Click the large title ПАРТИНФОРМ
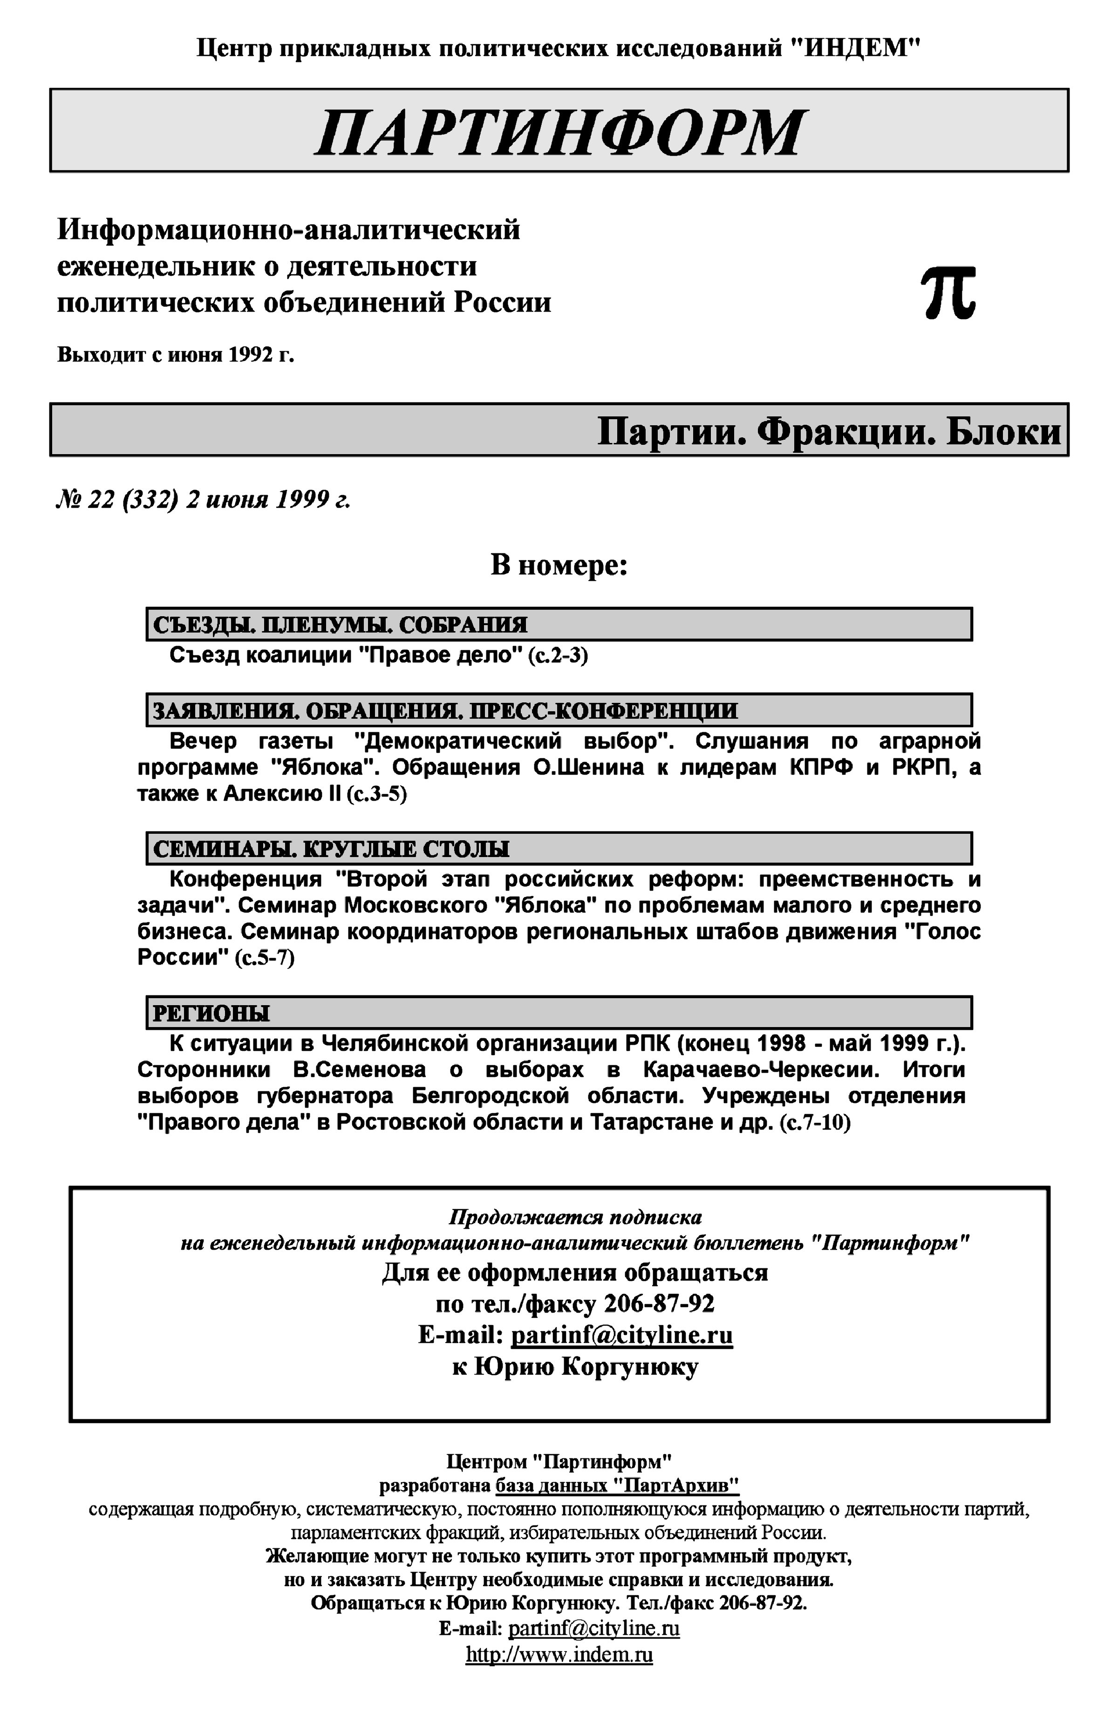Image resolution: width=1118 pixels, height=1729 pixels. point(559,132)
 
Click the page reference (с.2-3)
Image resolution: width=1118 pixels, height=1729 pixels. point(558,655)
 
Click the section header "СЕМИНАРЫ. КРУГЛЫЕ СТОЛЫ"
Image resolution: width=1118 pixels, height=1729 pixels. point(331,849)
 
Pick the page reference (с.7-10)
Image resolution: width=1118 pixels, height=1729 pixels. point(815,1123)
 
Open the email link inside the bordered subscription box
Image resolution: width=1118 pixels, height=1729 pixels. point(621,1335)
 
